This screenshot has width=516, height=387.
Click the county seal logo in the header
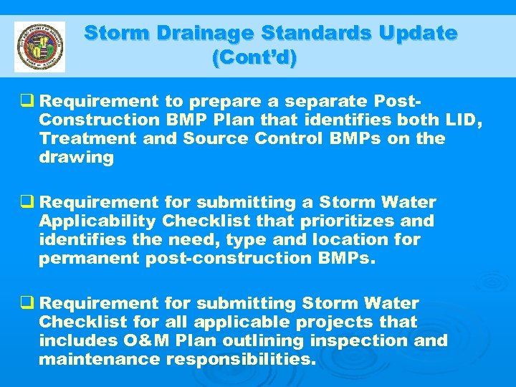coord(39,47)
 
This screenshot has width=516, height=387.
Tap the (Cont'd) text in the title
coord(254,58)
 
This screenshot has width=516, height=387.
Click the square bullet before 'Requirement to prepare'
coord(30,102)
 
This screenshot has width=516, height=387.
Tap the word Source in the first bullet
coord(209,139)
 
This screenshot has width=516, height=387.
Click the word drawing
coord(76,158)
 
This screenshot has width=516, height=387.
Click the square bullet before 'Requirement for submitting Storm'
coord(30,303)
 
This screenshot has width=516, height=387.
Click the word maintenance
coord(99,359)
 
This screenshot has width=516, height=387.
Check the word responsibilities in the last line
coord(241,359)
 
